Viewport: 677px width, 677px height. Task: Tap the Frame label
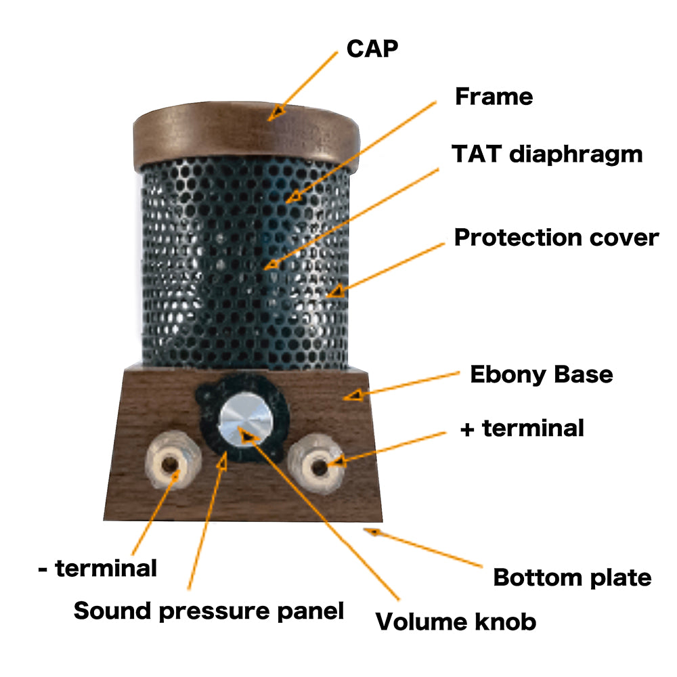(x=494, y=97)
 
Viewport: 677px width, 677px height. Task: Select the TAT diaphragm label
(x=547, y=154)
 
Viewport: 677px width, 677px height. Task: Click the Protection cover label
(x=556, y=238)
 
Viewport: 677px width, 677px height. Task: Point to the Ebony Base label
(x=542, y=374)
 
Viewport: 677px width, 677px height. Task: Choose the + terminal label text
(x=521, y=428)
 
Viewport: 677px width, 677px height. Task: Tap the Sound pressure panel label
(x=209, y=611)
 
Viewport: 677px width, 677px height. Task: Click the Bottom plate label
(x=572, y=577)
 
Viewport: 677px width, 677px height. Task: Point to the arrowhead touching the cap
(x=275, y=112)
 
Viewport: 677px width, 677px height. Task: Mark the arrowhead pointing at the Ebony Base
(x=354, y=394)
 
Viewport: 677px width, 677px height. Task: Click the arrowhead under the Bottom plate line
(x=372, y=531)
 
